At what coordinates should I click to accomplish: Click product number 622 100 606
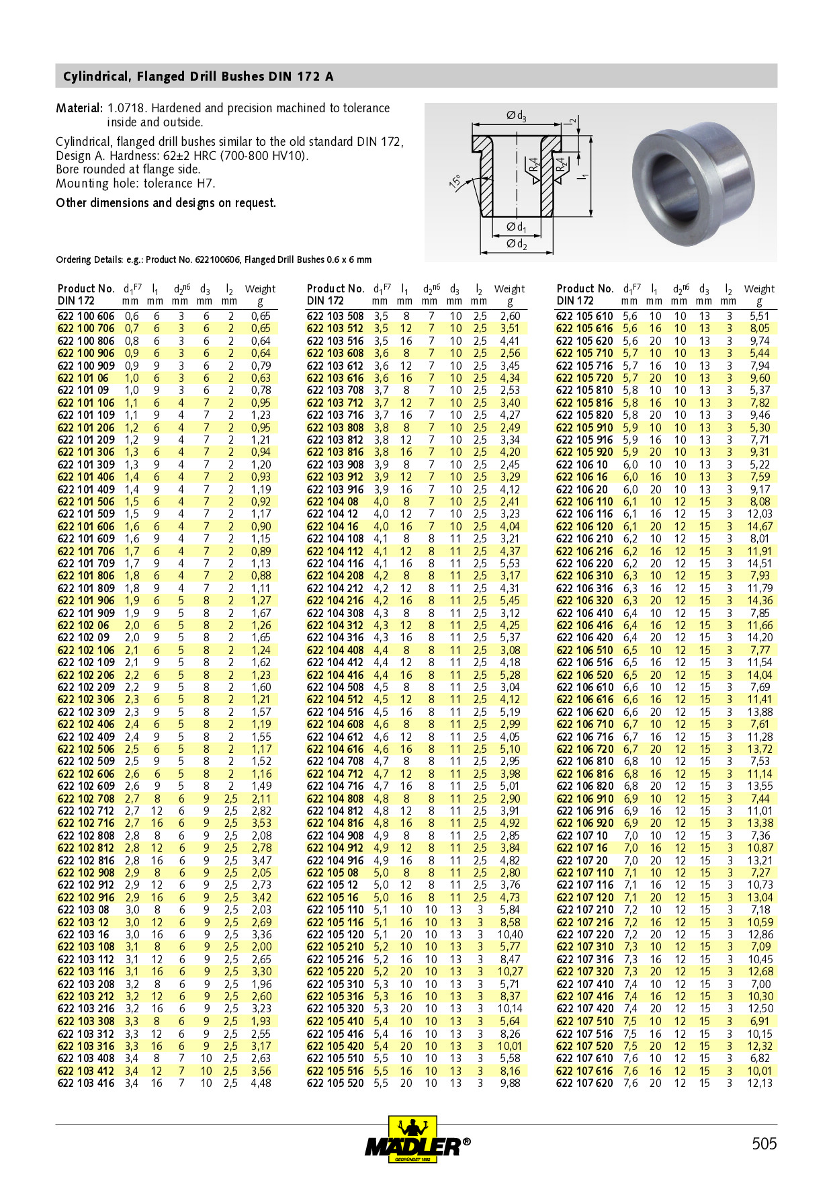[x=86, y=316]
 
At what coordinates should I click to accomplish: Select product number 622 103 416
[x=86, y=1083]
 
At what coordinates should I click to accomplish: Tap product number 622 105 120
[x=335, y=934]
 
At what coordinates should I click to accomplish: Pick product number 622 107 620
[x=584, y=1083]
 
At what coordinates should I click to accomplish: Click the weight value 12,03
[x=760, y=514]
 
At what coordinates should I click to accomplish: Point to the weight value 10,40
[x=510, y=934]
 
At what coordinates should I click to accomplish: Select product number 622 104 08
[x=333, y=501]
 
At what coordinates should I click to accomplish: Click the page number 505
[x=764, y=1143]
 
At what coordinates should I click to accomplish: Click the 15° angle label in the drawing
[x=455, y=182]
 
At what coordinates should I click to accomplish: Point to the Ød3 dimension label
[x=516, y=116]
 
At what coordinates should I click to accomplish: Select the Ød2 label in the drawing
[x=516, y=243]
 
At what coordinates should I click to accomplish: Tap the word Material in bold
[x=79, y=108]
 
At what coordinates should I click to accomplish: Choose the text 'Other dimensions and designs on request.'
[x=166, y=203]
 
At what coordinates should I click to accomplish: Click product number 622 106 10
[x=582, y=464]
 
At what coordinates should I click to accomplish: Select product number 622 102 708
[x=86, y=799]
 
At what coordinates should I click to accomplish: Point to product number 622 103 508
[x=335, y=316]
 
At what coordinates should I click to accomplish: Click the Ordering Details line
[x=214, y=259]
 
